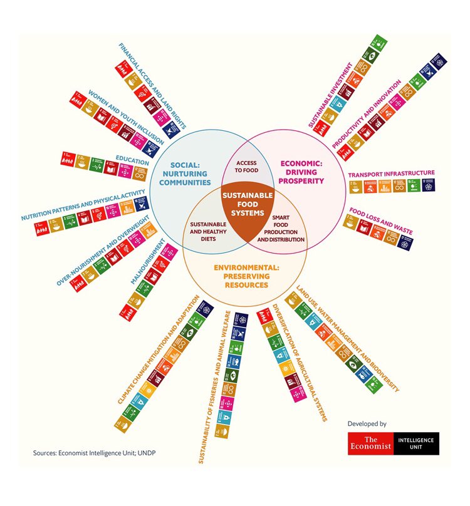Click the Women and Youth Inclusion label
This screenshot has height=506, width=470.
(x=127, y=117)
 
